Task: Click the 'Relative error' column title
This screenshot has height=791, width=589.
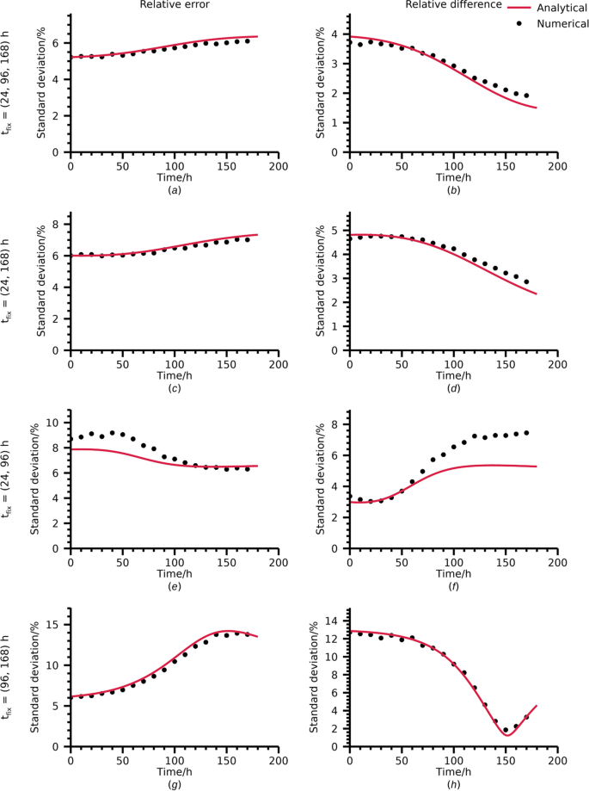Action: [x=174, y=5]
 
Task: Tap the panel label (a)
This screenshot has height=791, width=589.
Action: [x=174, y=188]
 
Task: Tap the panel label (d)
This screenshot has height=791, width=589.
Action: [x=453, y=386]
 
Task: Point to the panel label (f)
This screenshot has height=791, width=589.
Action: [x=453, y=584]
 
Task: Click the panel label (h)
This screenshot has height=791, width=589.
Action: [x=453, y=782]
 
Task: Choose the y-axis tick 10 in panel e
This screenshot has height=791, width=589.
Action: [x=58, y=423]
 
